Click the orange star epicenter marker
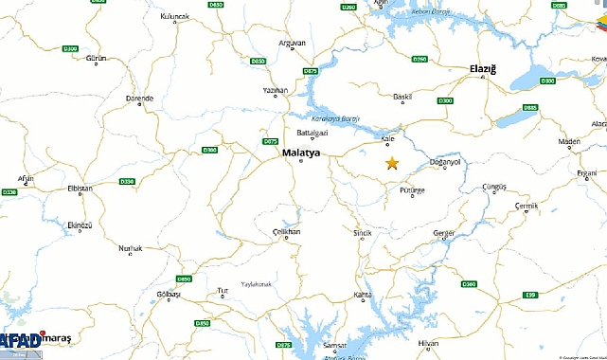pos(392,163)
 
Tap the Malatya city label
pos(301,151)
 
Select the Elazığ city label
pos(490,69)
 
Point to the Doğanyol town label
pos(445,162)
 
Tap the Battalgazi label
pos(312,133)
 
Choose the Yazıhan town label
pos(275,89)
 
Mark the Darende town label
pos(139,98)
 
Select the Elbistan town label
pos(79,189)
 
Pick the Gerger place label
pos(444,232)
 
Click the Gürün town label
pos(96,59)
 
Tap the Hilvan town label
pos(428,342)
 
